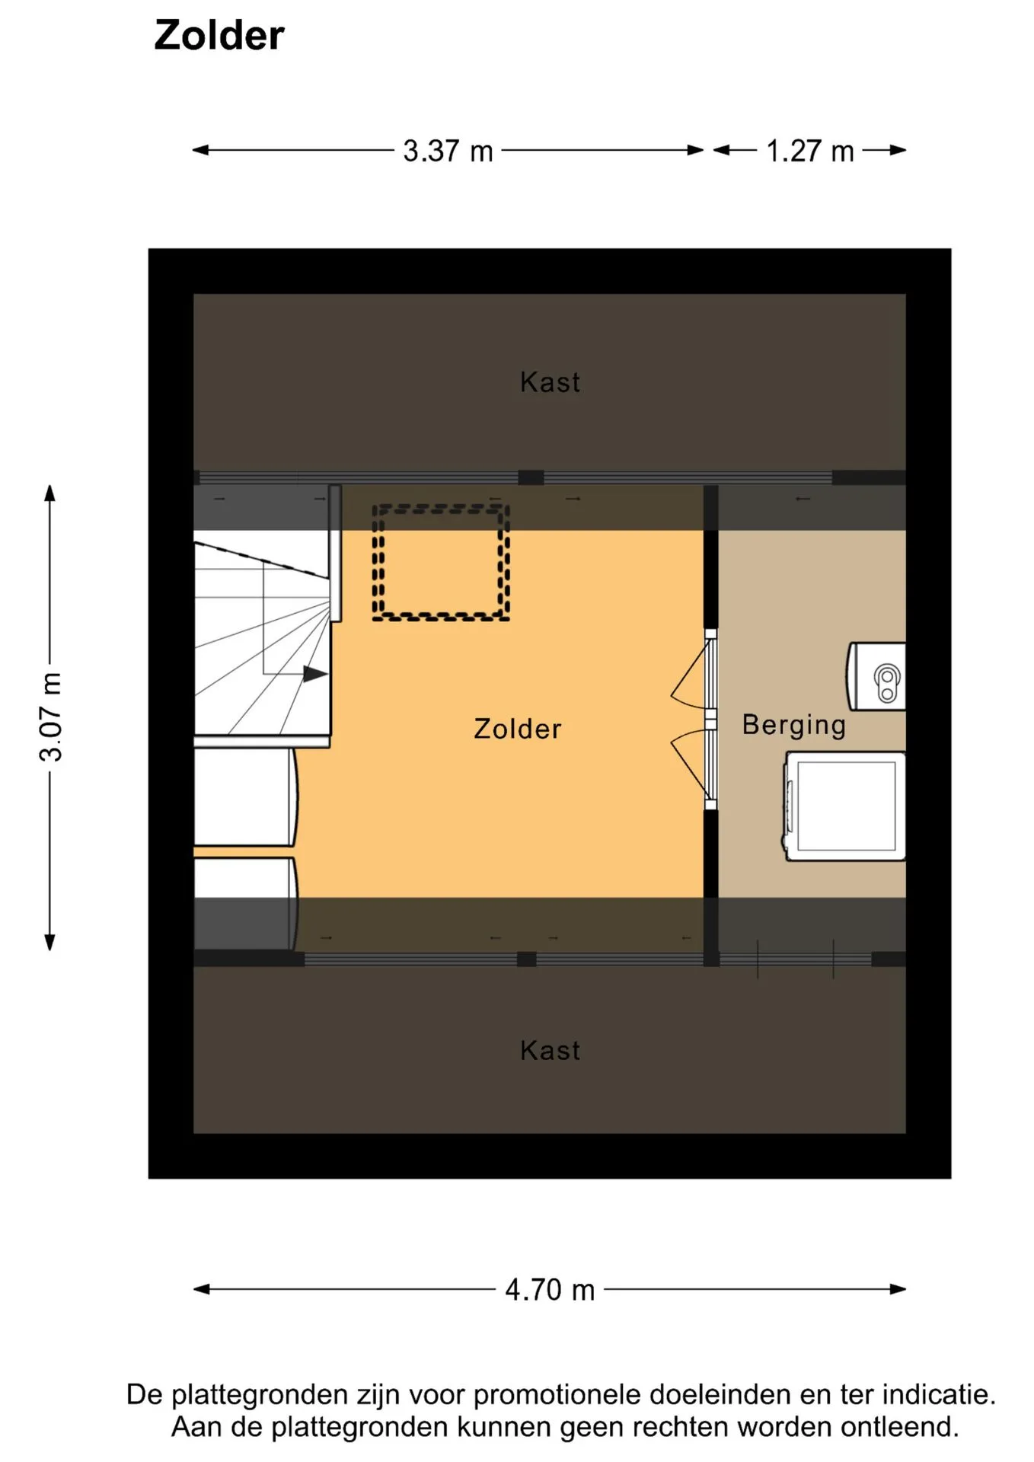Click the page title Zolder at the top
tap(219, 35)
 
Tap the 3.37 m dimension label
tap(448, 151)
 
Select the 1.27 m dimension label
tap(809, 151)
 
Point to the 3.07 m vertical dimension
tap(51, 717)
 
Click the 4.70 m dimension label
tap(550, 1290)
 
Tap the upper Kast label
tap(550, 381)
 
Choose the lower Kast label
tap(550, 1050)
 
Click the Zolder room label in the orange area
tap(517, 729)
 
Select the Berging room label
tap(794, 726)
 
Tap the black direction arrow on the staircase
tap(315, 674)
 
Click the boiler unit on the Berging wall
tap(876, 677)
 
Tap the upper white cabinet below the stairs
tap(245, 797)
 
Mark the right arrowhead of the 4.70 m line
tap(898, 1289)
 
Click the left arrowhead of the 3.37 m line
tap(200, 150)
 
